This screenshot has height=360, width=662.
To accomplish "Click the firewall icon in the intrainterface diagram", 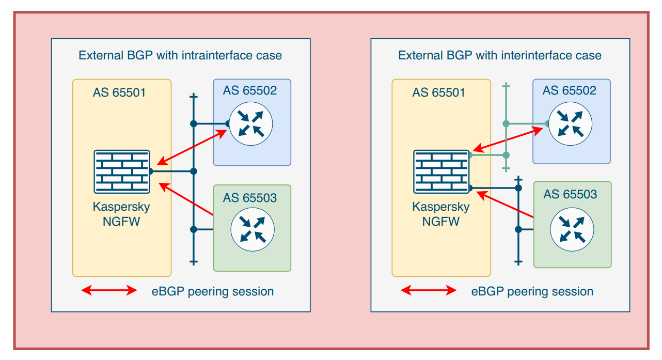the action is tap(122, 171).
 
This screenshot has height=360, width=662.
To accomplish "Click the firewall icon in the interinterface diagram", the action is tap(441, 171).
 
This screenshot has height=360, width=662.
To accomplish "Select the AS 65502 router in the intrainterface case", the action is tap(251, 123).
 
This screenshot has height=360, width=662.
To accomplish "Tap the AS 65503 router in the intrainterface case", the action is tap(253, 229).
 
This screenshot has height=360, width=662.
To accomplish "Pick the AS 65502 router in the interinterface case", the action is tap(571, 123).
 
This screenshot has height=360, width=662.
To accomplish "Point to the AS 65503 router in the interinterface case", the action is tap(572, 229).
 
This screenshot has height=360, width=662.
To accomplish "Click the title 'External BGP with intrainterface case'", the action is tap(180, 56).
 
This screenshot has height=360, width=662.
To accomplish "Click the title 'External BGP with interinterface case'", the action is tap(500, 56).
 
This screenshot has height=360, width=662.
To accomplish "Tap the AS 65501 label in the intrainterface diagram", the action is tap(119, 92).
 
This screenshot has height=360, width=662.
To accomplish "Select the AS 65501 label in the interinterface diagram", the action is tap(438, 92).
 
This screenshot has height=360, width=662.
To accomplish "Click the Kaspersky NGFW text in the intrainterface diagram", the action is tap(121, 214).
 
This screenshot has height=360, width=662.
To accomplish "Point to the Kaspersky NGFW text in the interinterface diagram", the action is tap(440, 214).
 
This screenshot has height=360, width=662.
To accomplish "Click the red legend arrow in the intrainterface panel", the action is tap(109, 290).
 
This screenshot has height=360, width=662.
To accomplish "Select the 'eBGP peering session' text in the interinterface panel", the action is tap(532, 291).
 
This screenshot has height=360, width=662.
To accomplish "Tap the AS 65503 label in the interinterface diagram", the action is tap(570, 194).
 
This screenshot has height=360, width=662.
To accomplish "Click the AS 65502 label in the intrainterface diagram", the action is tap(250, 90).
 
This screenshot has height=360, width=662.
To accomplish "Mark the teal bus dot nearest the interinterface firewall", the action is tap(506, 155).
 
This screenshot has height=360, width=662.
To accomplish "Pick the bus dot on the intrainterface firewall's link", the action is tap(194, 171).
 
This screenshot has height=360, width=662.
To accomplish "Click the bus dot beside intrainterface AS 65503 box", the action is tap(194, 229).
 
